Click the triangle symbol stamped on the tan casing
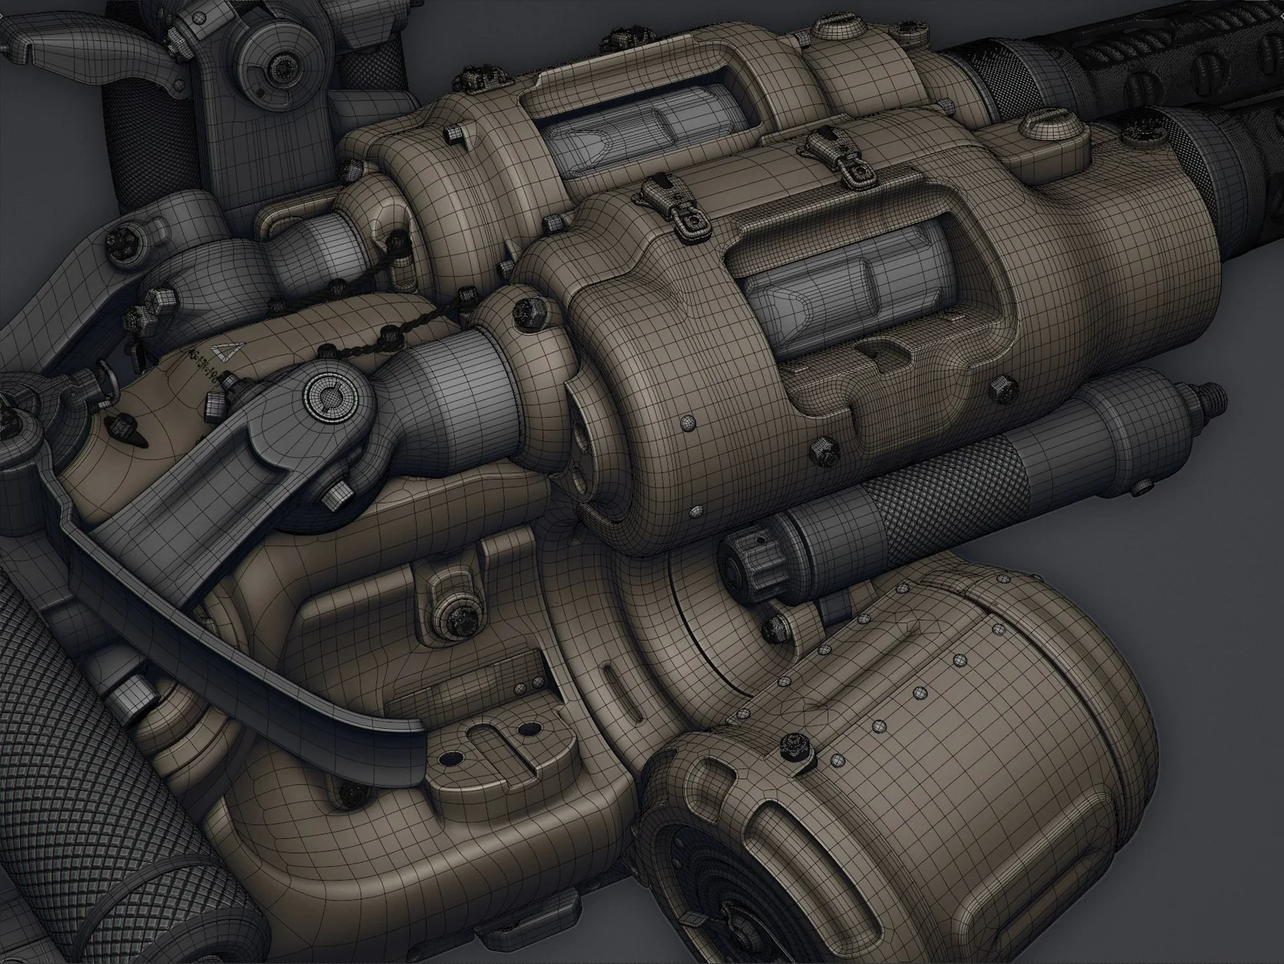(x=222, y=351)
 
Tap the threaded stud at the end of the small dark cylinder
(x=1209, y=395)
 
